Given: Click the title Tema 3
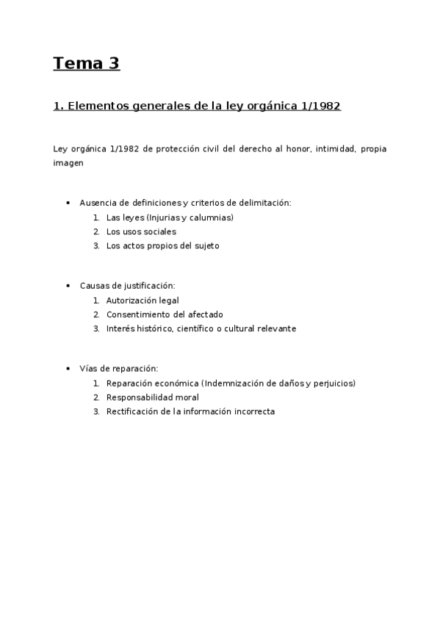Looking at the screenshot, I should pyautogui.click(x=86, y=64).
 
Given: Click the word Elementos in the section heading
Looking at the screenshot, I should pyautogui.click(x=95, y=106).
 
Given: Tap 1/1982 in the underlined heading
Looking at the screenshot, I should pyautogui.click(x=321, y=106).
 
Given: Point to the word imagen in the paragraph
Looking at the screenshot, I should pyautogui.click(x=68, y=163).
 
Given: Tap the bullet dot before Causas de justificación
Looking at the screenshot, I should pyautogui.click(x=68, y=286).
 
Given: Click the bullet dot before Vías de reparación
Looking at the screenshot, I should pyautogui.click(x=68, y=369).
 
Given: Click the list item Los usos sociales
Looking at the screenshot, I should pyautogui.click(x=141, y=231).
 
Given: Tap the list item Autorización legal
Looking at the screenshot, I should pyautogui.click(x=143, y=300).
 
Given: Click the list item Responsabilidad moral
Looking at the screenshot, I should pyautogui.click(x=152, y=397).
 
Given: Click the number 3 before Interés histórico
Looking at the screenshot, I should pyautogui.click(x=96, y=328).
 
